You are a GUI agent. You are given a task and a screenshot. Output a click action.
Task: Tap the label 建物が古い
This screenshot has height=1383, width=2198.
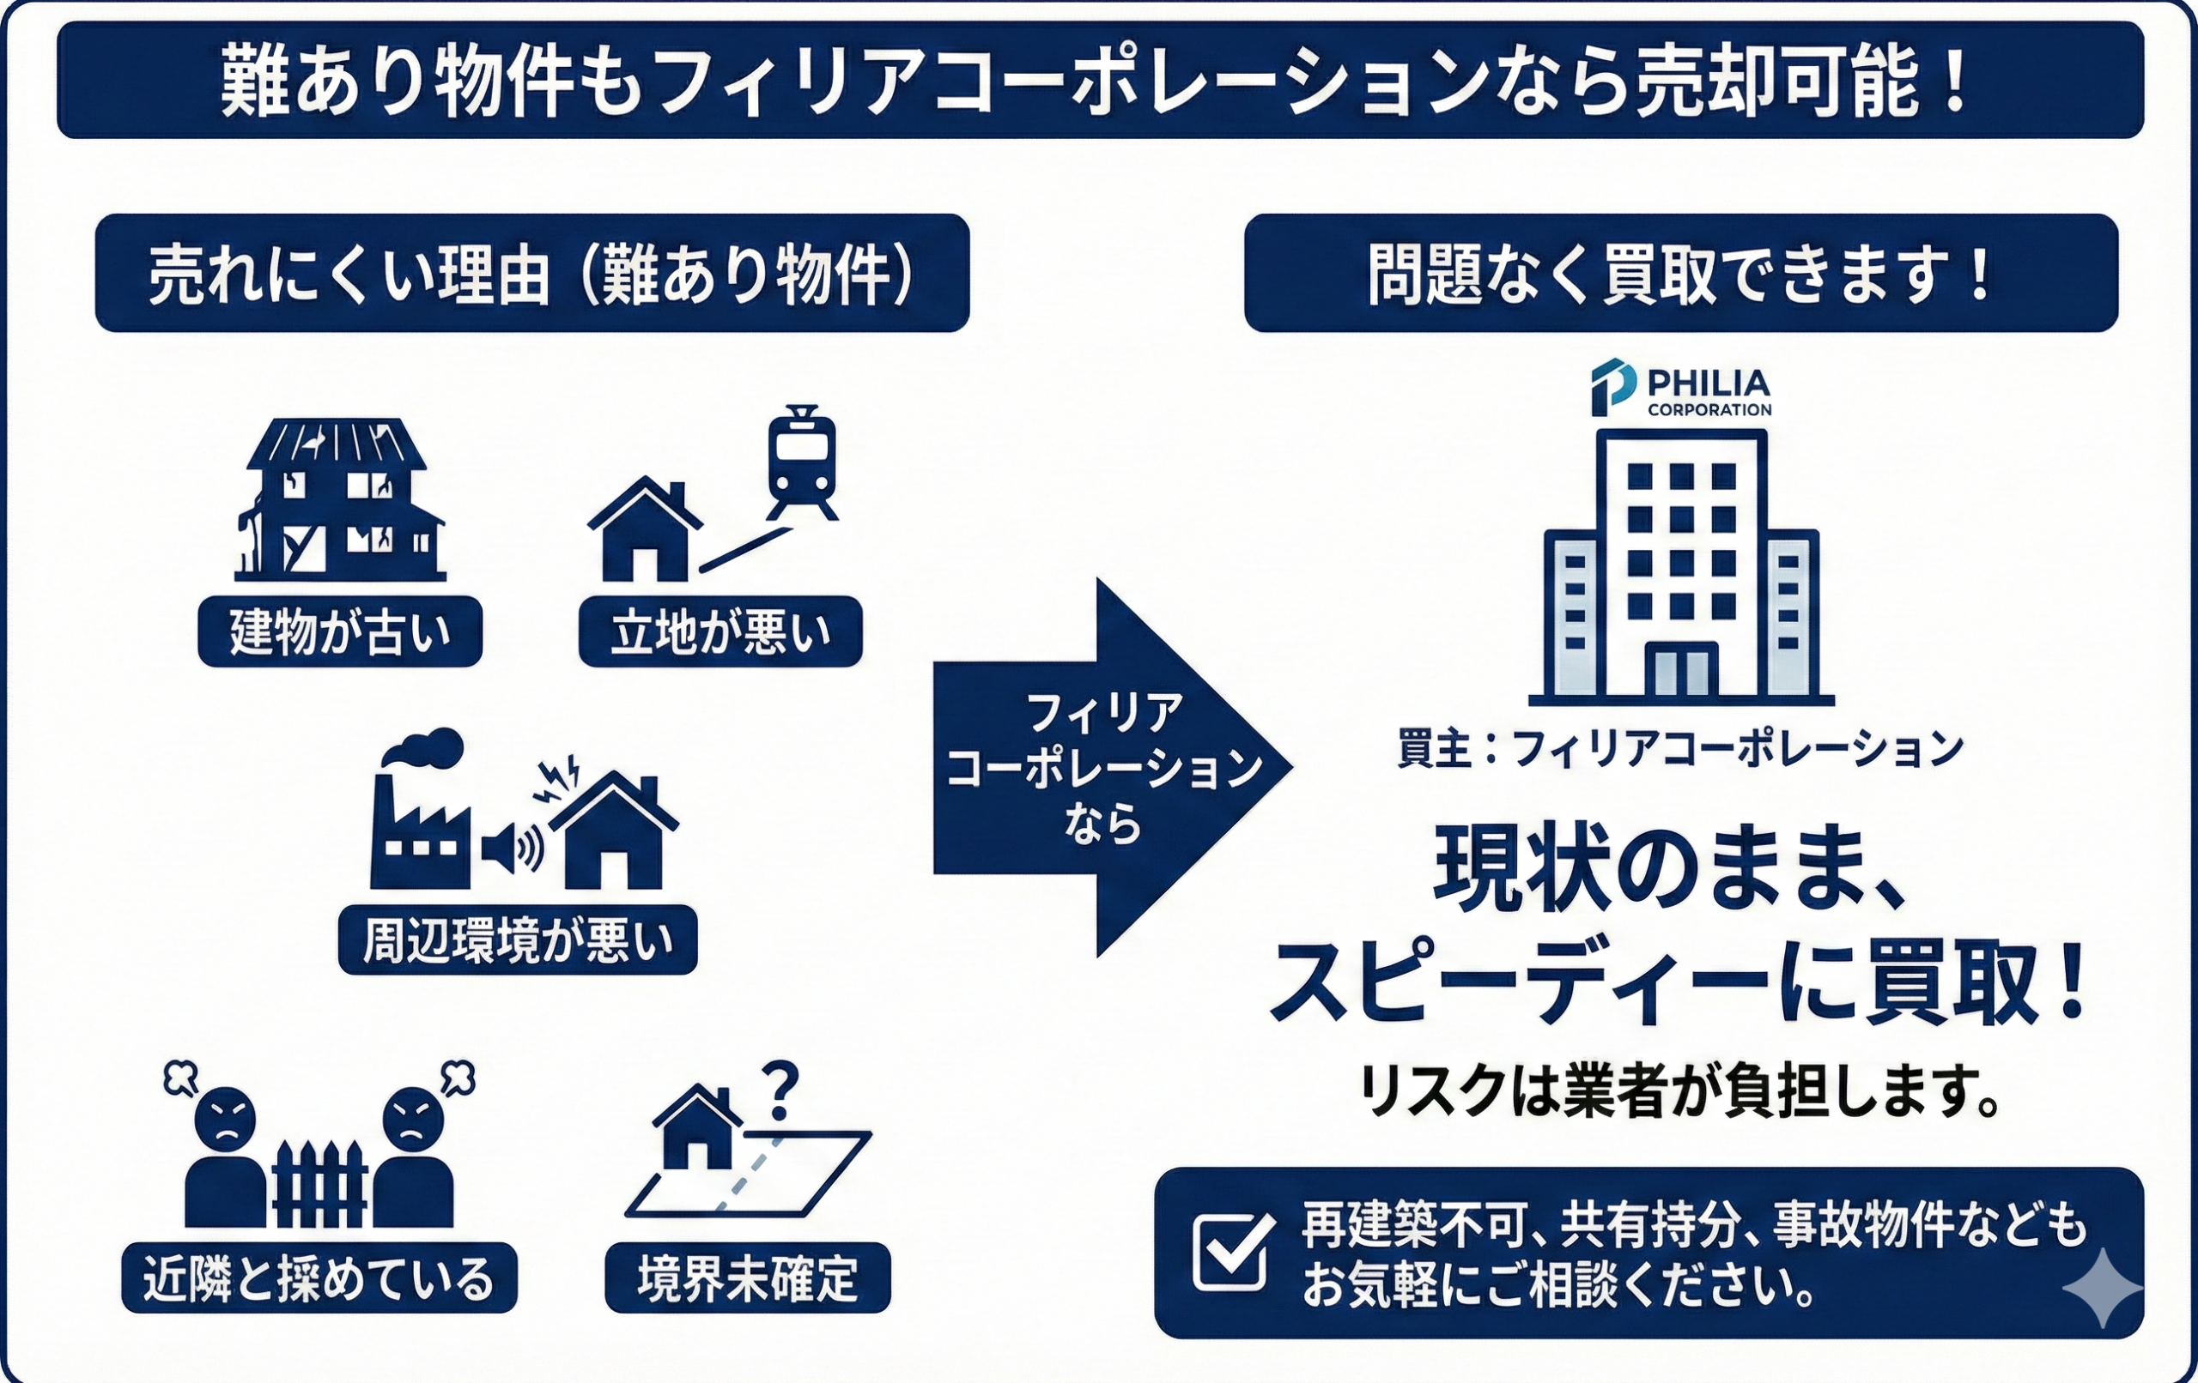(x=339, y=631)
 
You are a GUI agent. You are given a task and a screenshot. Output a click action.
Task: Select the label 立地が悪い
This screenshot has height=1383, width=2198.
(x=720, y=631)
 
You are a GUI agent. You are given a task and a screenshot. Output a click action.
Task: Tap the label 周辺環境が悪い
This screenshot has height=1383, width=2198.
(x=518, y=939)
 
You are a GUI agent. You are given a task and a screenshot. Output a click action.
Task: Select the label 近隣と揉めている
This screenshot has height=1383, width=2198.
(x=319, y=1277)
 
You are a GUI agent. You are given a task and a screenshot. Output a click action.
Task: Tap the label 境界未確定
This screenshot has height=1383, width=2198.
(x=747, y=1277)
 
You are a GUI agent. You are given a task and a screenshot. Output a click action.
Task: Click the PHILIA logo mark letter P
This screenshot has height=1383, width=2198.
(x=1612, y=387)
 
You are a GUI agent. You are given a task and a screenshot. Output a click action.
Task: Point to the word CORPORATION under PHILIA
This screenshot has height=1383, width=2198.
(x=1709, y=409)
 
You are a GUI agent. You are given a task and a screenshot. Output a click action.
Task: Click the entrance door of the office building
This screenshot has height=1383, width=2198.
(x=1681, y=671)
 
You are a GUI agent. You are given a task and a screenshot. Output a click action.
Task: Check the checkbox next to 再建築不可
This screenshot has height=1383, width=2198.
(x=1233, y=1253)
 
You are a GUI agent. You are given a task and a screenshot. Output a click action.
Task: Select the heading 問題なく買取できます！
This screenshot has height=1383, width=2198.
(x=1680, y=273)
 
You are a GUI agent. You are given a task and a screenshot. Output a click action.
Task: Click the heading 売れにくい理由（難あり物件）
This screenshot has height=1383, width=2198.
(x=531, y=273)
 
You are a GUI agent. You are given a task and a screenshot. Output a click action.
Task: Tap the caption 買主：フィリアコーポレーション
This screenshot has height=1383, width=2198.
(x=1680, y=749)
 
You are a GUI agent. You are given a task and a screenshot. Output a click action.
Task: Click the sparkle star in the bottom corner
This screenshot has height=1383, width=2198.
(x=2101, y=1287)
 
